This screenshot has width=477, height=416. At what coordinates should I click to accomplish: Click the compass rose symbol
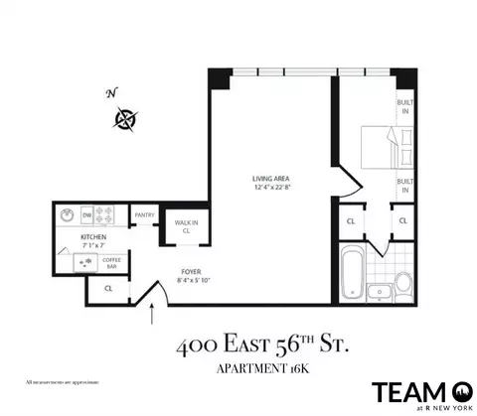coord(126,120)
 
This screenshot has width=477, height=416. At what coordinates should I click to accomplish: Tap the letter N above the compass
coord(112,94)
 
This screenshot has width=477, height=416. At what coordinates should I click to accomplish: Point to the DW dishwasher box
coord(87,214)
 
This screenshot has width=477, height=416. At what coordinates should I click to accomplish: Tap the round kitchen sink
coord(67,214)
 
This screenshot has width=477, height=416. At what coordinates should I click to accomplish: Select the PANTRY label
coord(145,215)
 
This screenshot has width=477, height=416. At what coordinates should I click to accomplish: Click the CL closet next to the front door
coord(108,289)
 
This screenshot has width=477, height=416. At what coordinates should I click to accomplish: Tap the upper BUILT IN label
coord(403,107)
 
